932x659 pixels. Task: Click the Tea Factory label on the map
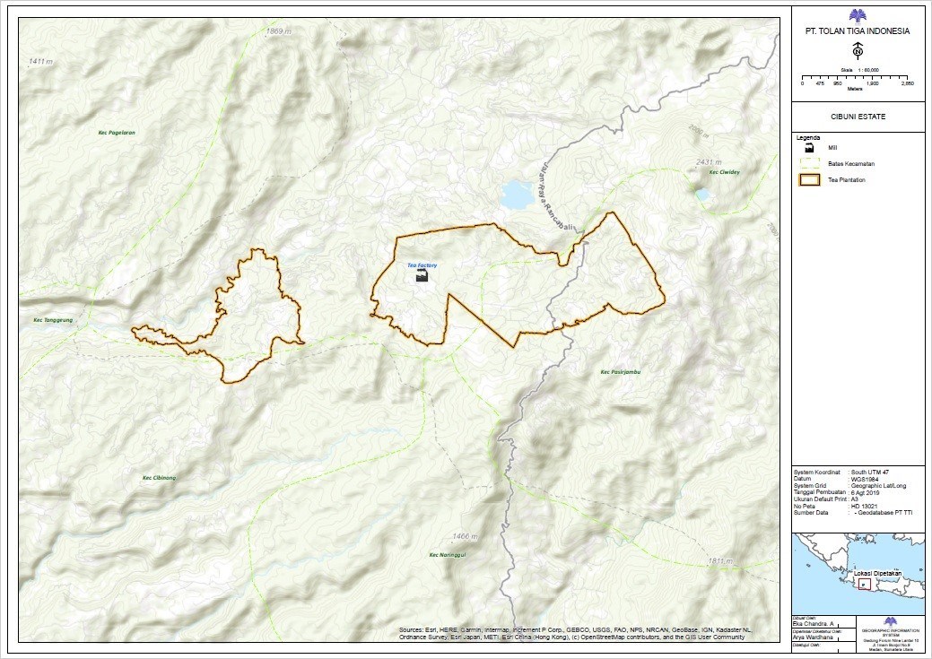[x=422, y=266]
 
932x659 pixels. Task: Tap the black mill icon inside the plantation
[x=422, y=277]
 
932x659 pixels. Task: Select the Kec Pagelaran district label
[x=117, y=133]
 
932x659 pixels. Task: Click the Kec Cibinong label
[x=160, y=478]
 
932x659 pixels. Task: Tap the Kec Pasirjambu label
[x=621, y=372]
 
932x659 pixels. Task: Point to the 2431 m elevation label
[x=708, y=162]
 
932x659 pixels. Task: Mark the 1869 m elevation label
[x=279, y=31]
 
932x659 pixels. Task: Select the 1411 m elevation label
[x=41, y=61]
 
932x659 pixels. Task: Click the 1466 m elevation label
[x=466, y=536]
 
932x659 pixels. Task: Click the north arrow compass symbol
[x=858, y=50]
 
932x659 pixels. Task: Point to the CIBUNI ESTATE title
[x=858, y=117]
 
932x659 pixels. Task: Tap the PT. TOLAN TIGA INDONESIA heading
[x=858, y=30]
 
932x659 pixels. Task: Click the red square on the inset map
[x=864, y=584]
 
